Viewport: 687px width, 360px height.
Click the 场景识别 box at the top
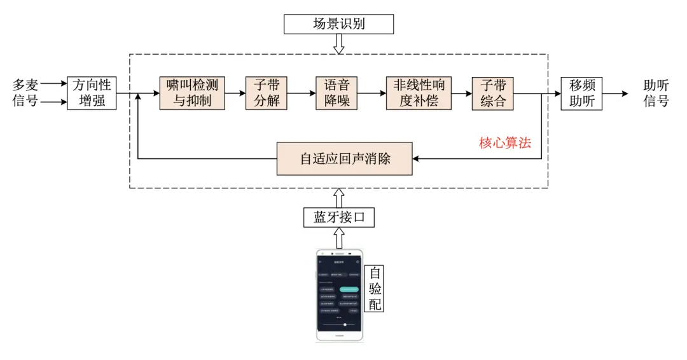pyautogui.click(x=338, y=24)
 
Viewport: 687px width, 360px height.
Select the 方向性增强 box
pyautogui.click(x=92, y=93)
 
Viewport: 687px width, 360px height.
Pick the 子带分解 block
pyautogui.click(x=267, y=93)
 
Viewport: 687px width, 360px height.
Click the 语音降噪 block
pyautogui.click(x=337, y=93)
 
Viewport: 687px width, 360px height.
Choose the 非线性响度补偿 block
pyautogui.click(x=419, y=93)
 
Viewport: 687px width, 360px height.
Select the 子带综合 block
pyautogui.click(x=492, y=93)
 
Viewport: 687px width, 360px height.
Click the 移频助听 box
pyautogui.click(x=581, y=93)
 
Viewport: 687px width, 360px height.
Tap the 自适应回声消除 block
pyautogui.click(x=345, y=158)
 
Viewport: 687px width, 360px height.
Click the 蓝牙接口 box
pyautogui.click(x=338, y=218)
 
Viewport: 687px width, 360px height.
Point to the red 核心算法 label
pyautogui.click(x=505, y=142)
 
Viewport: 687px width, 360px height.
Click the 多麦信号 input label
pyautogui.click(x=25, y=93)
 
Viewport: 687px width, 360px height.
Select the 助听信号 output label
pyautogui.click(x=656, y=93)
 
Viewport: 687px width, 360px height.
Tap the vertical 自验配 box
pyautogui.click(x=376, y=289)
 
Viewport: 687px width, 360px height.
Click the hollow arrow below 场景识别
pyautogui.click(x=338, y=44)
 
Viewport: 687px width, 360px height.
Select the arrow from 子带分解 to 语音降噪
pyautogui.click(x=302, y=93)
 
